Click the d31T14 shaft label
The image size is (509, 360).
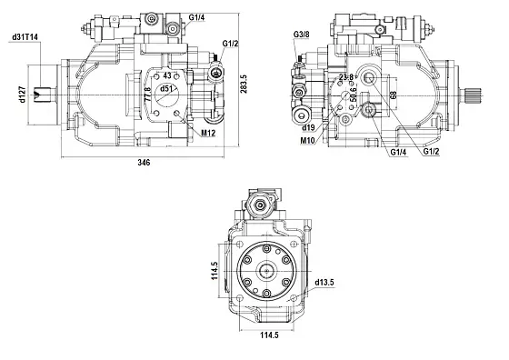[25, 37]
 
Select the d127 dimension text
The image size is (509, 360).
[22, 95]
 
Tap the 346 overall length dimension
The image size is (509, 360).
[144, 163]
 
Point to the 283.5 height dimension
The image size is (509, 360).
[244, 84]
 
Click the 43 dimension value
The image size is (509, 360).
[167, 75]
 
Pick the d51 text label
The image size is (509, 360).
[165, 88]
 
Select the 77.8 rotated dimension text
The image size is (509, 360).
[147, 95]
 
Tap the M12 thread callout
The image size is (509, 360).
[208, 133]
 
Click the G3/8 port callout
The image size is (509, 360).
[301, 35]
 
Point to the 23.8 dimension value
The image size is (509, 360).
[346, 77]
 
